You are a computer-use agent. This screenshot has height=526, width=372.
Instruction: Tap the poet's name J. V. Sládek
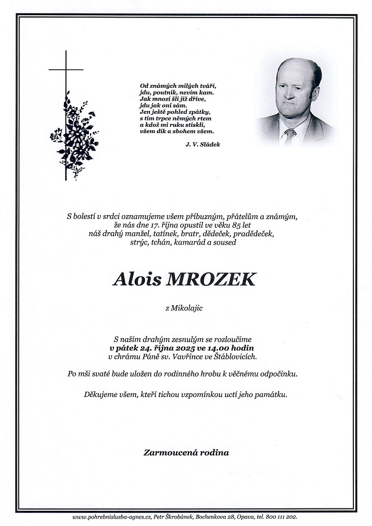tap(202, 145)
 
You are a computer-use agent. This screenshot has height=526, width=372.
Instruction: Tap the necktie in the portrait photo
tap(290, 135)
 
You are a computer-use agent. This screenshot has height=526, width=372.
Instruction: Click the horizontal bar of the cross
tap(66, 70)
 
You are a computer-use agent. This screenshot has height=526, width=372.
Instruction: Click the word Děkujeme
tap(102, 394)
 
